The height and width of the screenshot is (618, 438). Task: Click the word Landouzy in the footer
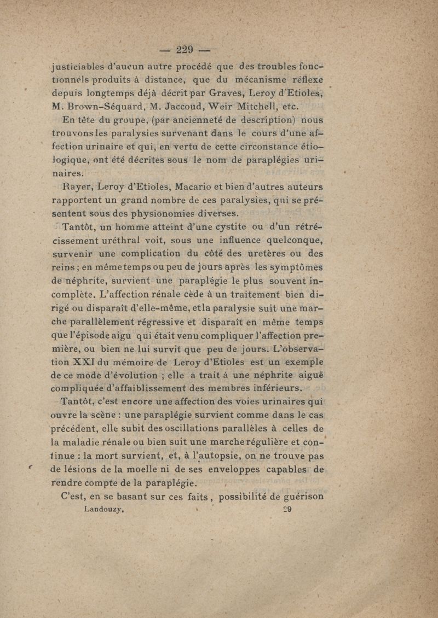click(106, 509)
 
